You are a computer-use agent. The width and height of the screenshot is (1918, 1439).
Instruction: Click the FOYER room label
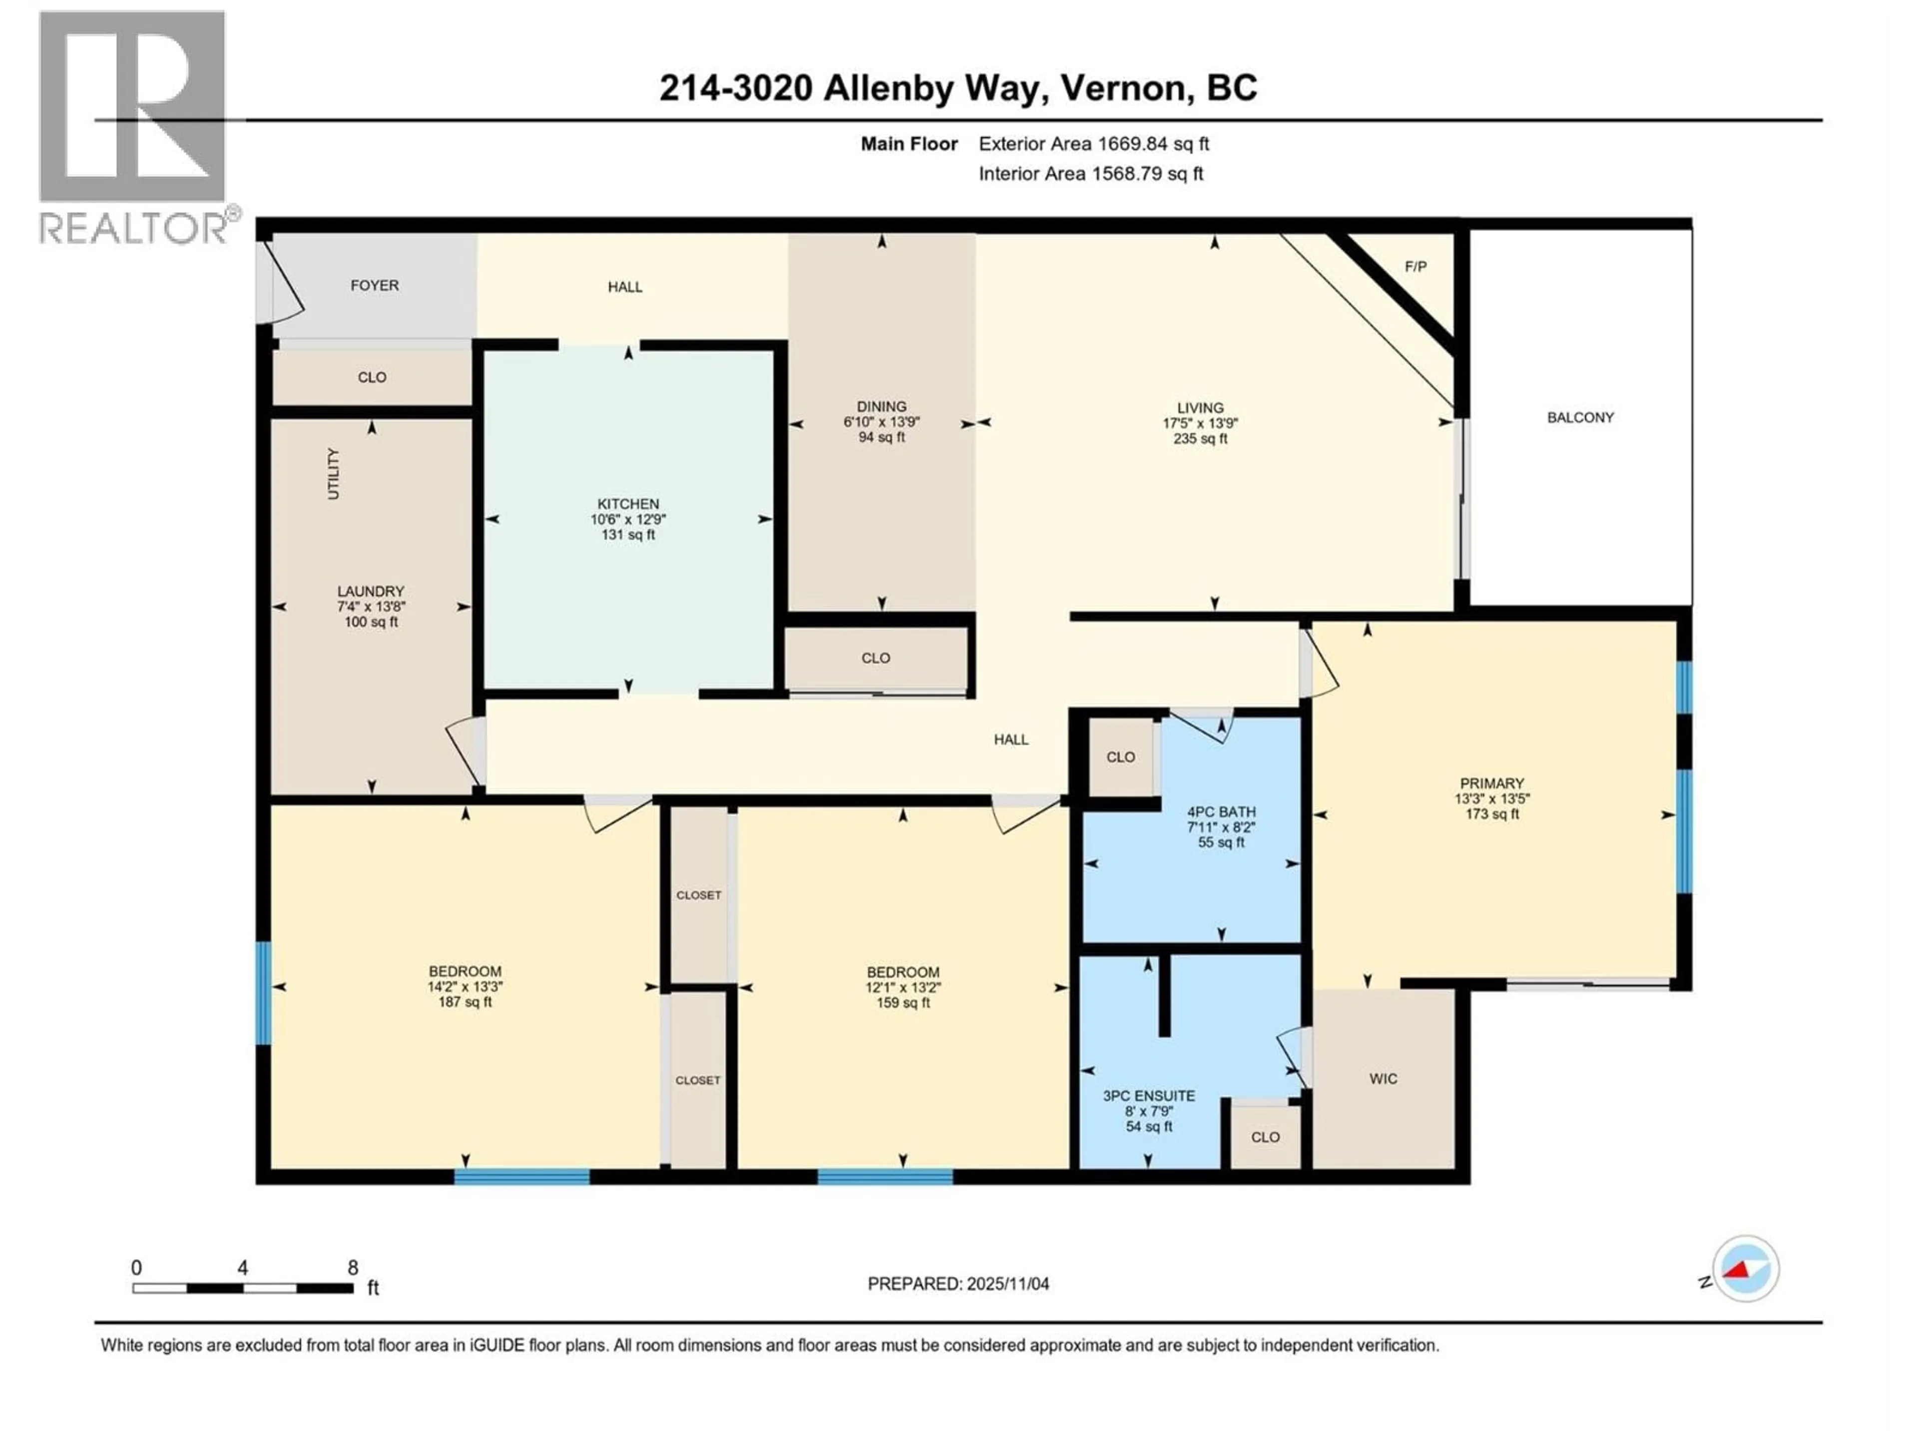click(x=375, y=285)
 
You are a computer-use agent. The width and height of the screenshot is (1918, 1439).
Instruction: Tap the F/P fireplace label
click(x=1415, y=266)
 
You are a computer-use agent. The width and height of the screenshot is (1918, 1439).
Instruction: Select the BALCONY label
click(x=1580, y=417)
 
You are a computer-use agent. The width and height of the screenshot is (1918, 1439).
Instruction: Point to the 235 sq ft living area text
click(x=1200, y=439)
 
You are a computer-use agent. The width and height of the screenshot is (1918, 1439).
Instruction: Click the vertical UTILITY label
click(x=334, y=474)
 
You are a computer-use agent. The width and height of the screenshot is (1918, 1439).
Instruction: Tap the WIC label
click(x=1383, y=1079)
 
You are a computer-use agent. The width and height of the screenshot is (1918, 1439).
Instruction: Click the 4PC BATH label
click(x=1221, y=812)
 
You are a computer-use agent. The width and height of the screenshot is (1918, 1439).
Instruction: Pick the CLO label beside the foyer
click(x=372, y=377)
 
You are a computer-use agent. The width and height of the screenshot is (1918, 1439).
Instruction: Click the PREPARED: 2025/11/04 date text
click(x=958, y=1284)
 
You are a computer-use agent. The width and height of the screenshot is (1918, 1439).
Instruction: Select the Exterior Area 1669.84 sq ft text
click(x=1093, y=144)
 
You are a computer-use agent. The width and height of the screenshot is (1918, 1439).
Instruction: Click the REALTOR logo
click(x=134, y=126)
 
